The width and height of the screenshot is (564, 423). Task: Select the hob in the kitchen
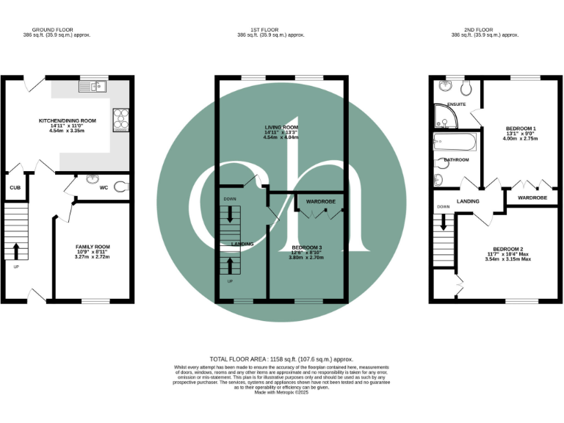point(120,119)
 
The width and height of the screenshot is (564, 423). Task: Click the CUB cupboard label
point(14,187)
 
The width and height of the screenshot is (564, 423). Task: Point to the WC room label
point(104,188)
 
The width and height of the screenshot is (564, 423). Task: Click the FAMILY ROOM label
point(93,247)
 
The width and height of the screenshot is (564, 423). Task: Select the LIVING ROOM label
point(281,127)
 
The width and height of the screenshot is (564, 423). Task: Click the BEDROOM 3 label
point(306,247)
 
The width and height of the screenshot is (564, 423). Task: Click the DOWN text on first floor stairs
point(230,199)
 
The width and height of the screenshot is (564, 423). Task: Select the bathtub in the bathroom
point(455,142)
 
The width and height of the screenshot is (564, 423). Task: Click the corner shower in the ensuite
point(444,117)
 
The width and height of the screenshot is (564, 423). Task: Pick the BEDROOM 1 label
point(520,129)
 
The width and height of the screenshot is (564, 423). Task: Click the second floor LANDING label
point(468,201)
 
